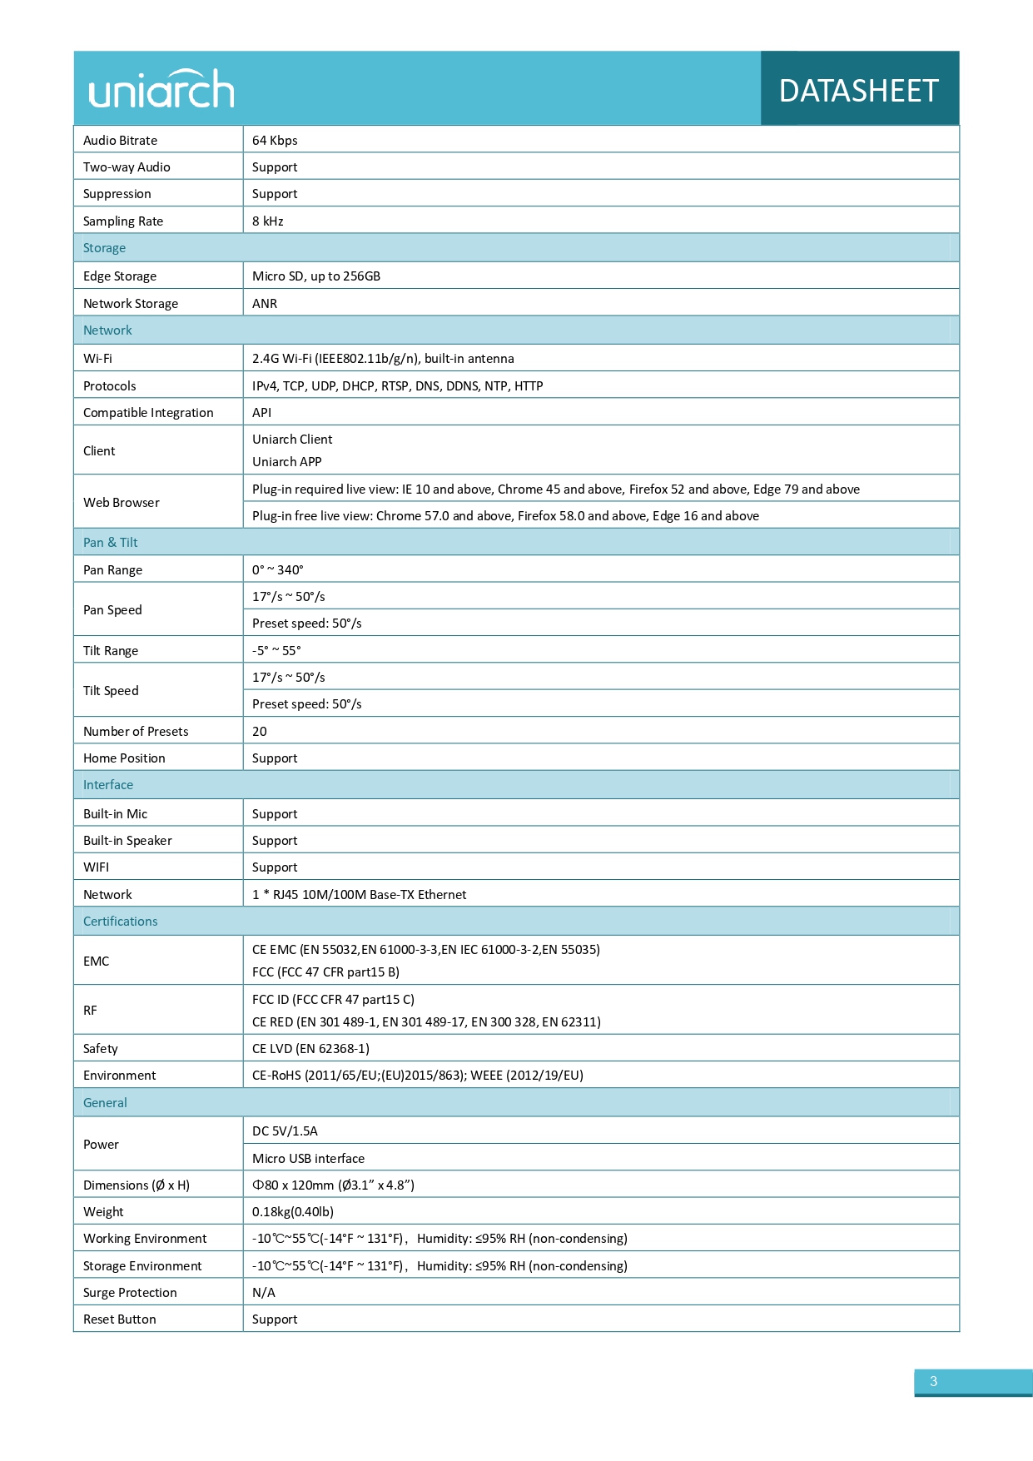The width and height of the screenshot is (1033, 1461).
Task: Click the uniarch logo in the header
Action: coord(161,89)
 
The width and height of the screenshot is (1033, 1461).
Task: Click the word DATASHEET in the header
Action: coord(858,91)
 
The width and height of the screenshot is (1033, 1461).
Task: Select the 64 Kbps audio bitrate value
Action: coord(275,141)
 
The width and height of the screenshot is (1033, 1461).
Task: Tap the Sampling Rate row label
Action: coord(123,221)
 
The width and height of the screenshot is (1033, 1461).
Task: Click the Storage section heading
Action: coord(105,248)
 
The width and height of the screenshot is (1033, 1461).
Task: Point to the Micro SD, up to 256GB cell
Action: coord(316,276)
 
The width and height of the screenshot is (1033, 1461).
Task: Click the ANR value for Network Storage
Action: coord(265,304)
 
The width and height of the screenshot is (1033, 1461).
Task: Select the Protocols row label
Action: coord(110,386)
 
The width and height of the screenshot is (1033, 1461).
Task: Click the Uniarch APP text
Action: coord(287,462)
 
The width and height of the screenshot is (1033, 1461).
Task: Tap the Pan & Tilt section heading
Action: coord(111,543)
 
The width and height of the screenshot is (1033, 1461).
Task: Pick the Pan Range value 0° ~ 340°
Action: coord(278,570)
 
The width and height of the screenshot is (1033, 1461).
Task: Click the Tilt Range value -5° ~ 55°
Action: coord(276,651)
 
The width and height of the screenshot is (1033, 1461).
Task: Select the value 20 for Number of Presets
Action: coord(260,732)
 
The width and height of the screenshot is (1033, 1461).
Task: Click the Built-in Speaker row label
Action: coord(127,841)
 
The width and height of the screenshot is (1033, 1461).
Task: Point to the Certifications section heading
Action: coord(121,922)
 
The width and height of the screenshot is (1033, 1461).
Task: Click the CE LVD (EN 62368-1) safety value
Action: coord(310,1049)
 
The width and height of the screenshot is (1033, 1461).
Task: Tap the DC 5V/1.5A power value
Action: coord(285,1131)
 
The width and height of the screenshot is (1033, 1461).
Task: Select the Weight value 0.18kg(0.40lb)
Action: coord(293,1212)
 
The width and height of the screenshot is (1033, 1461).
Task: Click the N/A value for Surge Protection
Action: coord(264,1293)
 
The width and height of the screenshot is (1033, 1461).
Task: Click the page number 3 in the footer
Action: coord(933,1381)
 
